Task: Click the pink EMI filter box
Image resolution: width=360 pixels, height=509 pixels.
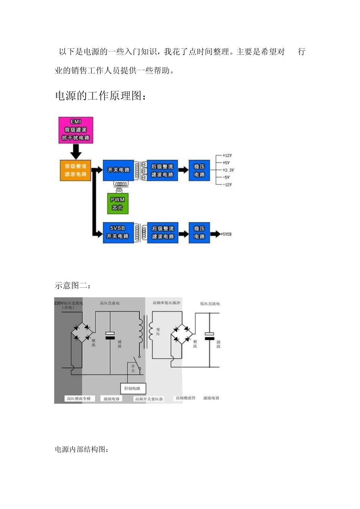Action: pos(76,130)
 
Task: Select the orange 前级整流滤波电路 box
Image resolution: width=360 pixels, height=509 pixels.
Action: pos(75,170)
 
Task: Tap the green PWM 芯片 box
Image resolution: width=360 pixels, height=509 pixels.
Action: pos(117,204)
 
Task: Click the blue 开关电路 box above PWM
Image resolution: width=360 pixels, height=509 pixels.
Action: pos(118,170)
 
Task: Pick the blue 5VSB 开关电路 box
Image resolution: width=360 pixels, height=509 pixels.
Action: pos(118,232)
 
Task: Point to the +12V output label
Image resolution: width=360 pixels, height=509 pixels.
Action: pos(227,156)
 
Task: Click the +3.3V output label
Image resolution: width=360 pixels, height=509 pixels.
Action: pos(228,170)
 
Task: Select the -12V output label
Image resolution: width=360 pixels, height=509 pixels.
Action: pos(227,185)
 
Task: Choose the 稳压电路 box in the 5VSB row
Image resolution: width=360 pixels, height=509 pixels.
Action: pos(199,232)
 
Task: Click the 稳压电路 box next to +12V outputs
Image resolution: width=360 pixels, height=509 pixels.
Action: pos(199,170)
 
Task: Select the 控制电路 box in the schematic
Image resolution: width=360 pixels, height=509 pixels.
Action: pos(133,388)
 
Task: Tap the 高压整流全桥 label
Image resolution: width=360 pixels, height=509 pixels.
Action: pos(79,398)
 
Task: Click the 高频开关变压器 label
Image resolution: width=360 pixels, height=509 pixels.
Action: pos(149,399)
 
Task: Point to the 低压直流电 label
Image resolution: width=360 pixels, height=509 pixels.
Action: pos(210,304)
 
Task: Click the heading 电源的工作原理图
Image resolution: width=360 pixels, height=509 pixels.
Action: pos(100,96)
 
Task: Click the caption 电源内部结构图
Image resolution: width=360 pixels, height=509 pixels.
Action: pos(82,450)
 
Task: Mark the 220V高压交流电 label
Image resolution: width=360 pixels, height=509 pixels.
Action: pos(69,303)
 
